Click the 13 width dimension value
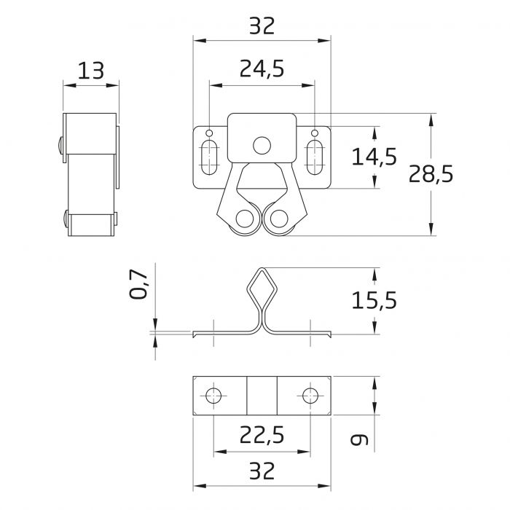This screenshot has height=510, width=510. click(91, 71)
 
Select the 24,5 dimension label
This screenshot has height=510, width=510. click(262, 68)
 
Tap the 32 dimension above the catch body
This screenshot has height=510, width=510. click(262, 26)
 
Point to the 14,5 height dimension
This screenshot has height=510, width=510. click(374, 157)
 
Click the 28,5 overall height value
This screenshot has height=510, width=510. click(430, 173)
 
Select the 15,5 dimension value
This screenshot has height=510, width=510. click(374, 299)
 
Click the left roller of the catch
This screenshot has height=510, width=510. click(246, 219)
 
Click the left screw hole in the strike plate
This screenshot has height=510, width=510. click(213, 396)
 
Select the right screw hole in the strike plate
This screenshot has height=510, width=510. click(310, 396)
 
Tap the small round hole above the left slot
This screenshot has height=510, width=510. click(209, 133)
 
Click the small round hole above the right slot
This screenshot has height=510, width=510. click(315, 133)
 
